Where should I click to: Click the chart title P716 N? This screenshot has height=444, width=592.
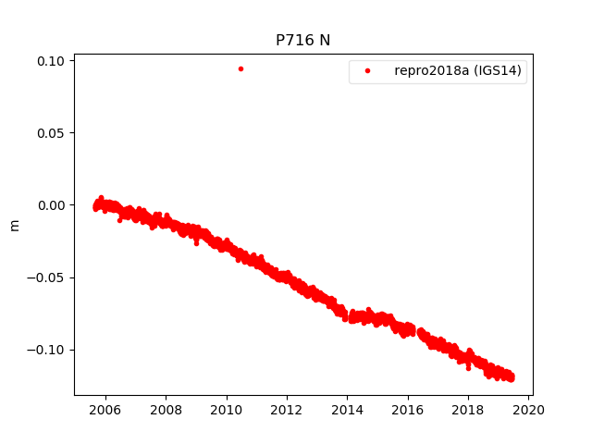click(303, 40)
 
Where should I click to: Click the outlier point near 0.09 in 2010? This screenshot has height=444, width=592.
click(240, 68)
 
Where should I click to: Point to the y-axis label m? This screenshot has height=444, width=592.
click(14, 225)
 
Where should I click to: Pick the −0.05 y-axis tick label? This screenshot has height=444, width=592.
click(47, 277)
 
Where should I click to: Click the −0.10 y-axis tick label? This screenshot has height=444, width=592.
click(47, 350)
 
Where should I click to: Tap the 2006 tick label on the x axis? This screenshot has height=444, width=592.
click(105, 410)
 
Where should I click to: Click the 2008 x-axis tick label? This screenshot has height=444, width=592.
click(166, 410)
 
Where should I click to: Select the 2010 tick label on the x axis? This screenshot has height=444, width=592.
click(227, 410)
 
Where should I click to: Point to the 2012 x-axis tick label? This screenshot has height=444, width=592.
click(287, 410)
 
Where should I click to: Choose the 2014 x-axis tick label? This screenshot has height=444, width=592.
click(348, 410)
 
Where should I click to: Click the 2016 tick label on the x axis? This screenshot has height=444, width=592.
click(408, 410)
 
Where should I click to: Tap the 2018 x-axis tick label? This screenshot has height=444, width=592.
click(469, 410)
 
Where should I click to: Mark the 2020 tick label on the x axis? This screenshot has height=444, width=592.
click(529, 410)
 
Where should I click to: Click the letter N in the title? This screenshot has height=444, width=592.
click(325, 40)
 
